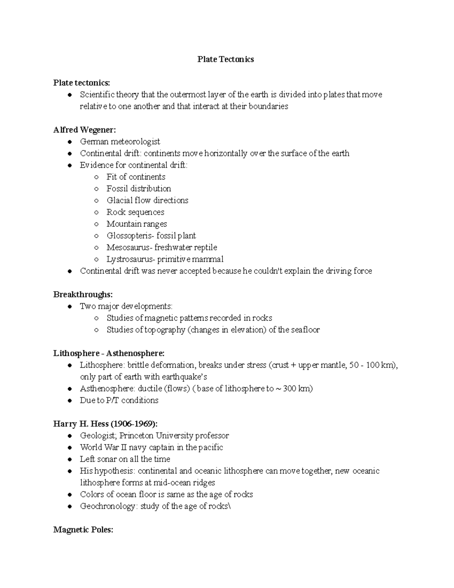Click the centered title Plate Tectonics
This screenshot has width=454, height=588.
tap(225, 59)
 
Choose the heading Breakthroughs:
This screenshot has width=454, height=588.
tap(83, 295)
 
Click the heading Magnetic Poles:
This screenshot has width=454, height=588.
tap(83, 530)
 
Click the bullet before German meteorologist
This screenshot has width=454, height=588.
tap(69, 142)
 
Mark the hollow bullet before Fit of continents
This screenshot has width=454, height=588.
tap(96, 177)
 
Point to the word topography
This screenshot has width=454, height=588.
tap(164, 330)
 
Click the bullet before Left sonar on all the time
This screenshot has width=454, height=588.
tap(69, 459)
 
